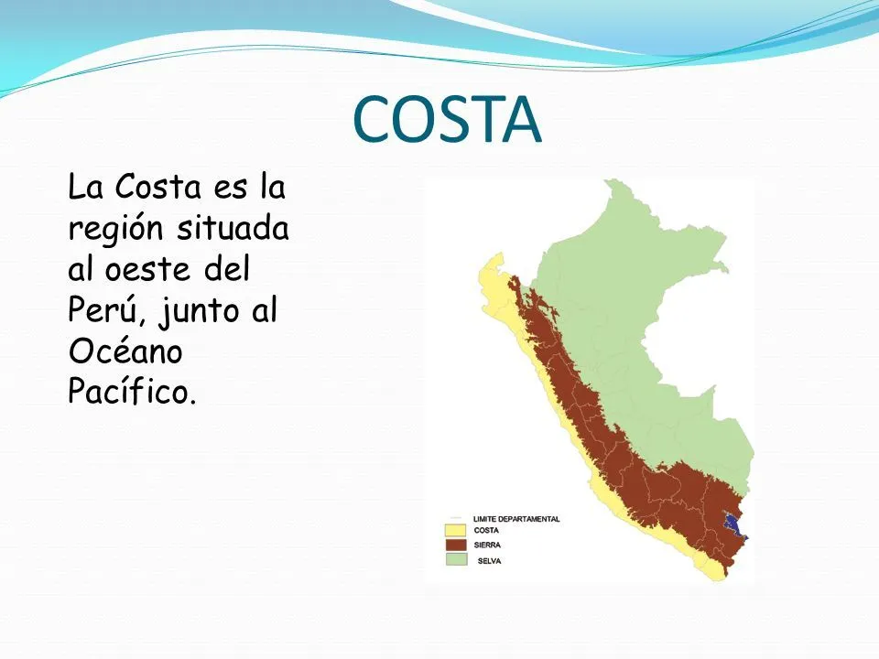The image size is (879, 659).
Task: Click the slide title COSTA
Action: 447,121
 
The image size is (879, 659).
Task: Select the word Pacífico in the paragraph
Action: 132,392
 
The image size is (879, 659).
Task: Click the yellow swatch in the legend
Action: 455,530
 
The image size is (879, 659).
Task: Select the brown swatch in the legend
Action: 455,545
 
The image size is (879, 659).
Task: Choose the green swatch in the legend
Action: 455,559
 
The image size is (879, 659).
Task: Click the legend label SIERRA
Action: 487,545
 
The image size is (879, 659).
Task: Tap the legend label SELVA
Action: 489,560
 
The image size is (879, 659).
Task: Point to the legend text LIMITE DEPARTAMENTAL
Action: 516,519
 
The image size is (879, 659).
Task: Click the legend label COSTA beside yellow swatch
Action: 486,530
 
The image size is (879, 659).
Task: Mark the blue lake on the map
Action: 731,524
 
